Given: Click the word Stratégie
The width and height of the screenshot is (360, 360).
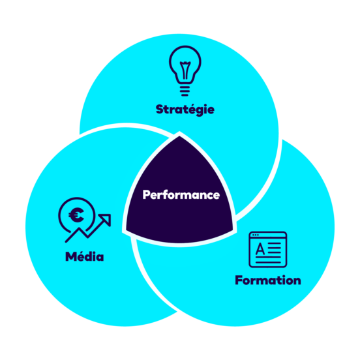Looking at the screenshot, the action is [x=185, y=110].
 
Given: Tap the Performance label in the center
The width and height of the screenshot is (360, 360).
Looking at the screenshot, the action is [x=181, y=195].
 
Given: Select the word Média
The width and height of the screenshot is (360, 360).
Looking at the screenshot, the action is [x=85, y=256].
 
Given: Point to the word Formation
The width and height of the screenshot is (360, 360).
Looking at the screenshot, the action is [x=268, y=280].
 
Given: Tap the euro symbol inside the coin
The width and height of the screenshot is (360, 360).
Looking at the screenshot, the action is [x=76, y=215].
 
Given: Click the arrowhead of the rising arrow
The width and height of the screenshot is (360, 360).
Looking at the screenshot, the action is [x=106, y=219].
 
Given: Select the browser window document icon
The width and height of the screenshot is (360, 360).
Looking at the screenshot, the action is [x=268, y=249].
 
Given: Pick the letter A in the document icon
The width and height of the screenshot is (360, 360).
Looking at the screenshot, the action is [x=260, y=248].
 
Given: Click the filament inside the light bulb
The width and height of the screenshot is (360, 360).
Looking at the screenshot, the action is [x=185, y=70].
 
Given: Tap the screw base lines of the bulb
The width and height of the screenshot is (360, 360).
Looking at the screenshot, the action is [x=185, y=91].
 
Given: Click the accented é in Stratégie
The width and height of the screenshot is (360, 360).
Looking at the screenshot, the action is [x=189, y=109].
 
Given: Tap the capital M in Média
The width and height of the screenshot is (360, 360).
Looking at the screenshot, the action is [x=71, y=256].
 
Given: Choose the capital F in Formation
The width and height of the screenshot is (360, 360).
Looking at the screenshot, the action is [x=239, y=280].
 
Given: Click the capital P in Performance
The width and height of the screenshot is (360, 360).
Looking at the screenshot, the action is [x=147, y=195].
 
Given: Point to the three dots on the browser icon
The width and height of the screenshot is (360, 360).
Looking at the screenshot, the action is [x=255, y=235].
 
